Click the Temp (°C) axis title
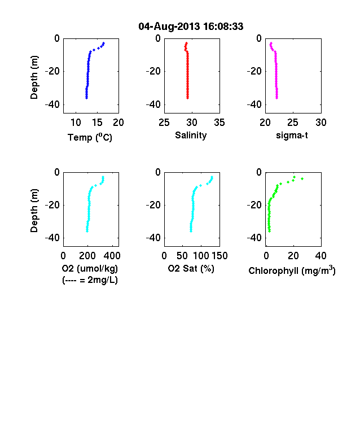click(90, 137)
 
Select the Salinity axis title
click(191, 135)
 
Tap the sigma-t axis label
click(292, 136)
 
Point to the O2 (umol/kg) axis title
click(90, 268)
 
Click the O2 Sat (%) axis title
click(191, 268)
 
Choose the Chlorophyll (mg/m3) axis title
click(292, 271)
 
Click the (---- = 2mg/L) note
click(90, 280)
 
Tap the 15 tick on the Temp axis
click(97, 123)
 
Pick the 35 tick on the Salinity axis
click(219, 123)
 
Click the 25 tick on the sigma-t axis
click(293, 123)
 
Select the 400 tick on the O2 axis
click(112, 256)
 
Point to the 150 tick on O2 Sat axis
click(219, 256)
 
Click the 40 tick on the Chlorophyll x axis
click(321, 256)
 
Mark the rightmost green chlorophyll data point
click(302, 178)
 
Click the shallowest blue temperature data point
click(104, 43)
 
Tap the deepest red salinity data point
click(187, 98)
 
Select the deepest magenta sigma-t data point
click(277, 98)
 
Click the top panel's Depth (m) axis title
click(34, 77)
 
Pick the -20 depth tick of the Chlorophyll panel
click(254, 204)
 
